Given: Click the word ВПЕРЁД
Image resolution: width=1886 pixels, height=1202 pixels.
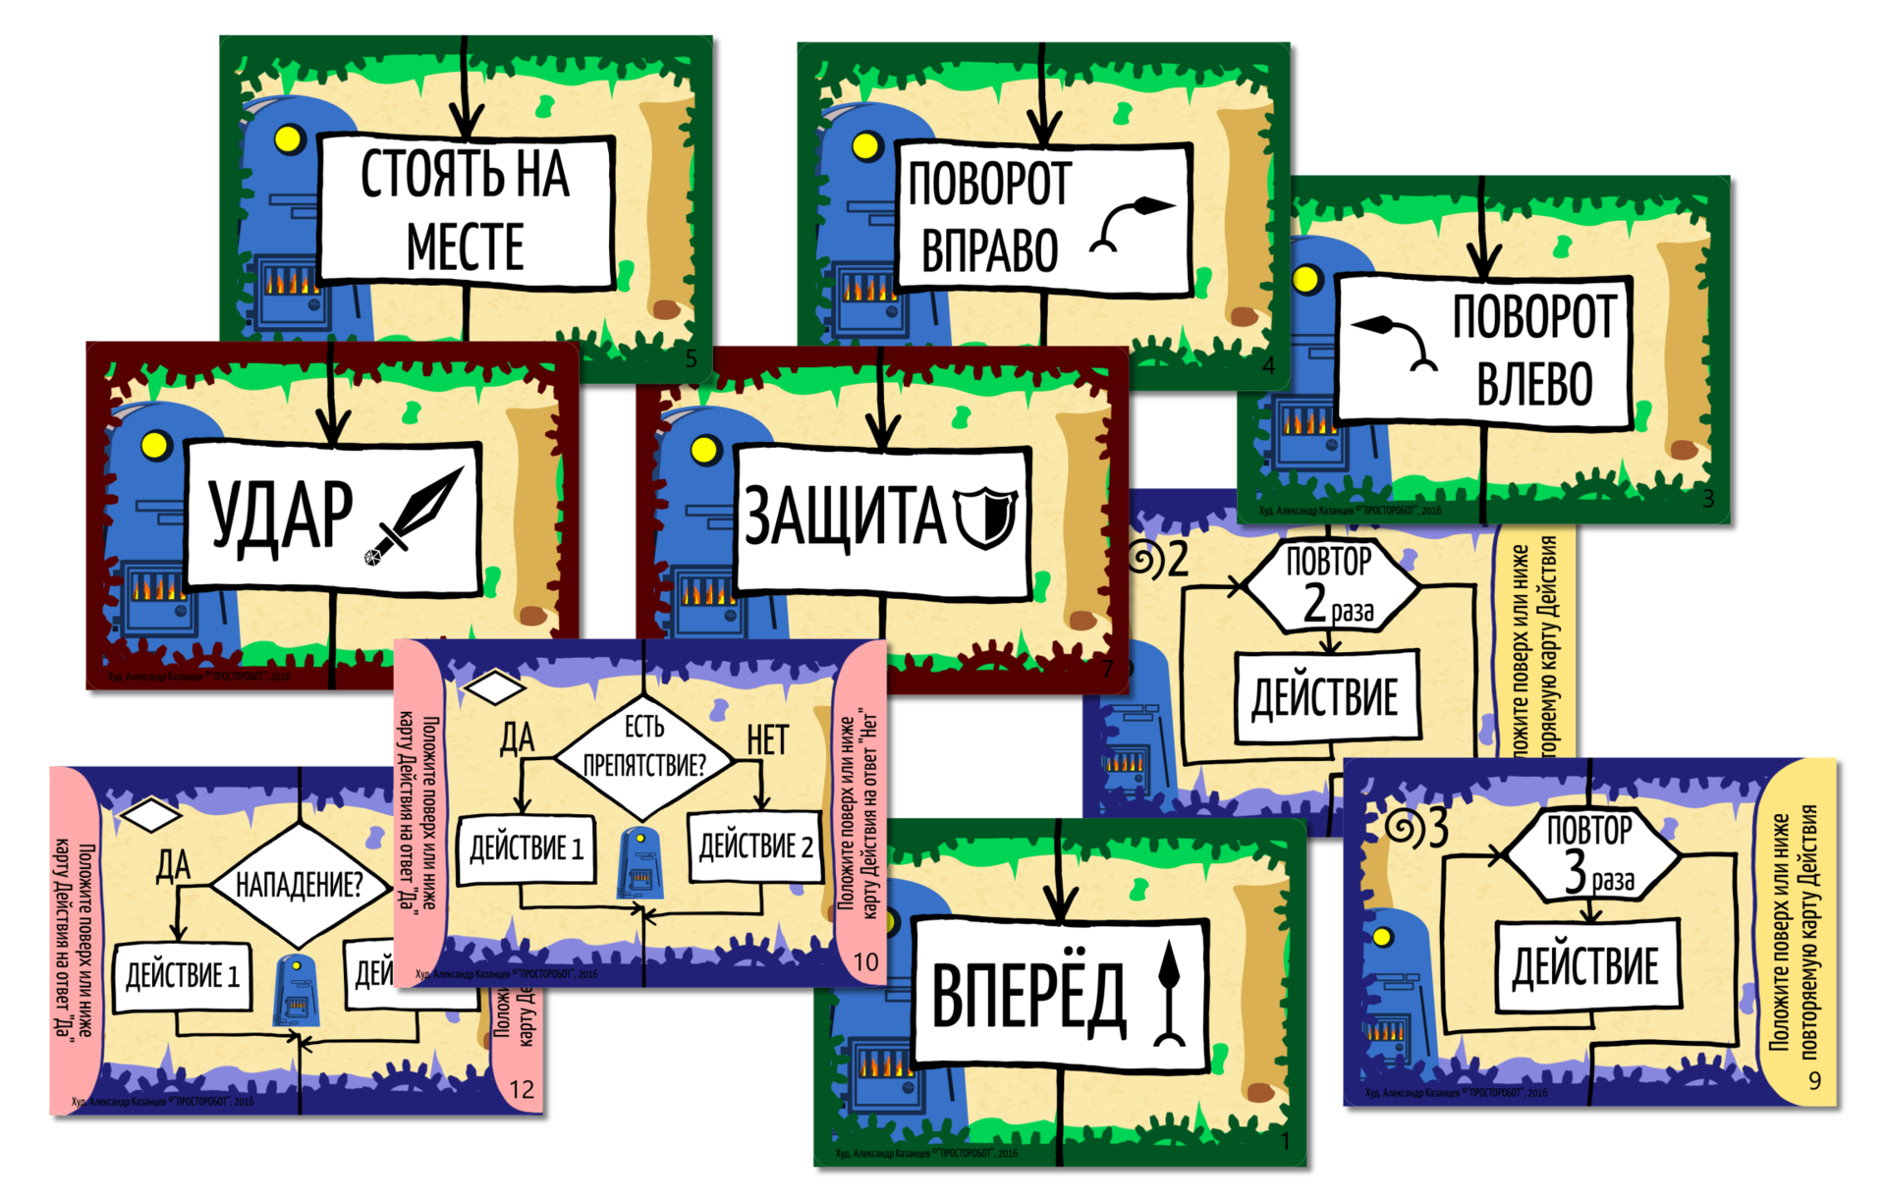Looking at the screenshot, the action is click(1027, 996).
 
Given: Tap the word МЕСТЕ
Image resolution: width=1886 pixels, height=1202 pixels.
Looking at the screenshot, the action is click(465, 246).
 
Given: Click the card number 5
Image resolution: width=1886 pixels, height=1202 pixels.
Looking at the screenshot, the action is click(691, 359).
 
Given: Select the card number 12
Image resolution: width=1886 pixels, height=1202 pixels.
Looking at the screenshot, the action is click(521, 1089).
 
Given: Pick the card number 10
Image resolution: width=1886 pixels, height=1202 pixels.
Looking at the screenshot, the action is click(865, 961).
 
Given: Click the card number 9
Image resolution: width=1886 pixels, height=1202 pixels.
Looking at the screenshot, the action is click(1814, 1080).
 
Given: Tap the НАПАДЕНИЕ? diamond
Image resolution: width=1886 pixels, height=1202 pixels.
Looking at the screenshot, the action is click(299, 885).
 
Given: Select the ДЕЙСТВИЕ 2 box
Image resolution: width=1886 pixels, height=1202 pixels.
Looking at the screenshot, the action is click(755, 846).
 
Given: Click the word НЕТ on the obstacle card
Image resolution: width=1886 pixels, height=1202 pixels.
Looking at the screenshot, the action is click(767, 739).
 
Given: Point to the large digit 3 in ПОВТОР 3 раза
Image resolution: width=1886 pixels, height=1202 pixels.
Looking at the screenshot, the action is click(1575, 870).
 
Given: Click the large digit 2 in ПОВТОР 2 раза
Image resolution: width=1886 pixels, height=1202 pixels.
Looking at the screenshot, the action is click(1314, 602).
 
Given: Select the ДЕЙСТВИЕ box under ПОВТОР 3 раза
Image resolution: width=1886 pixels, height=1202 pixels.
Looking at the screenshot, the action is click(1585, 965).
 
